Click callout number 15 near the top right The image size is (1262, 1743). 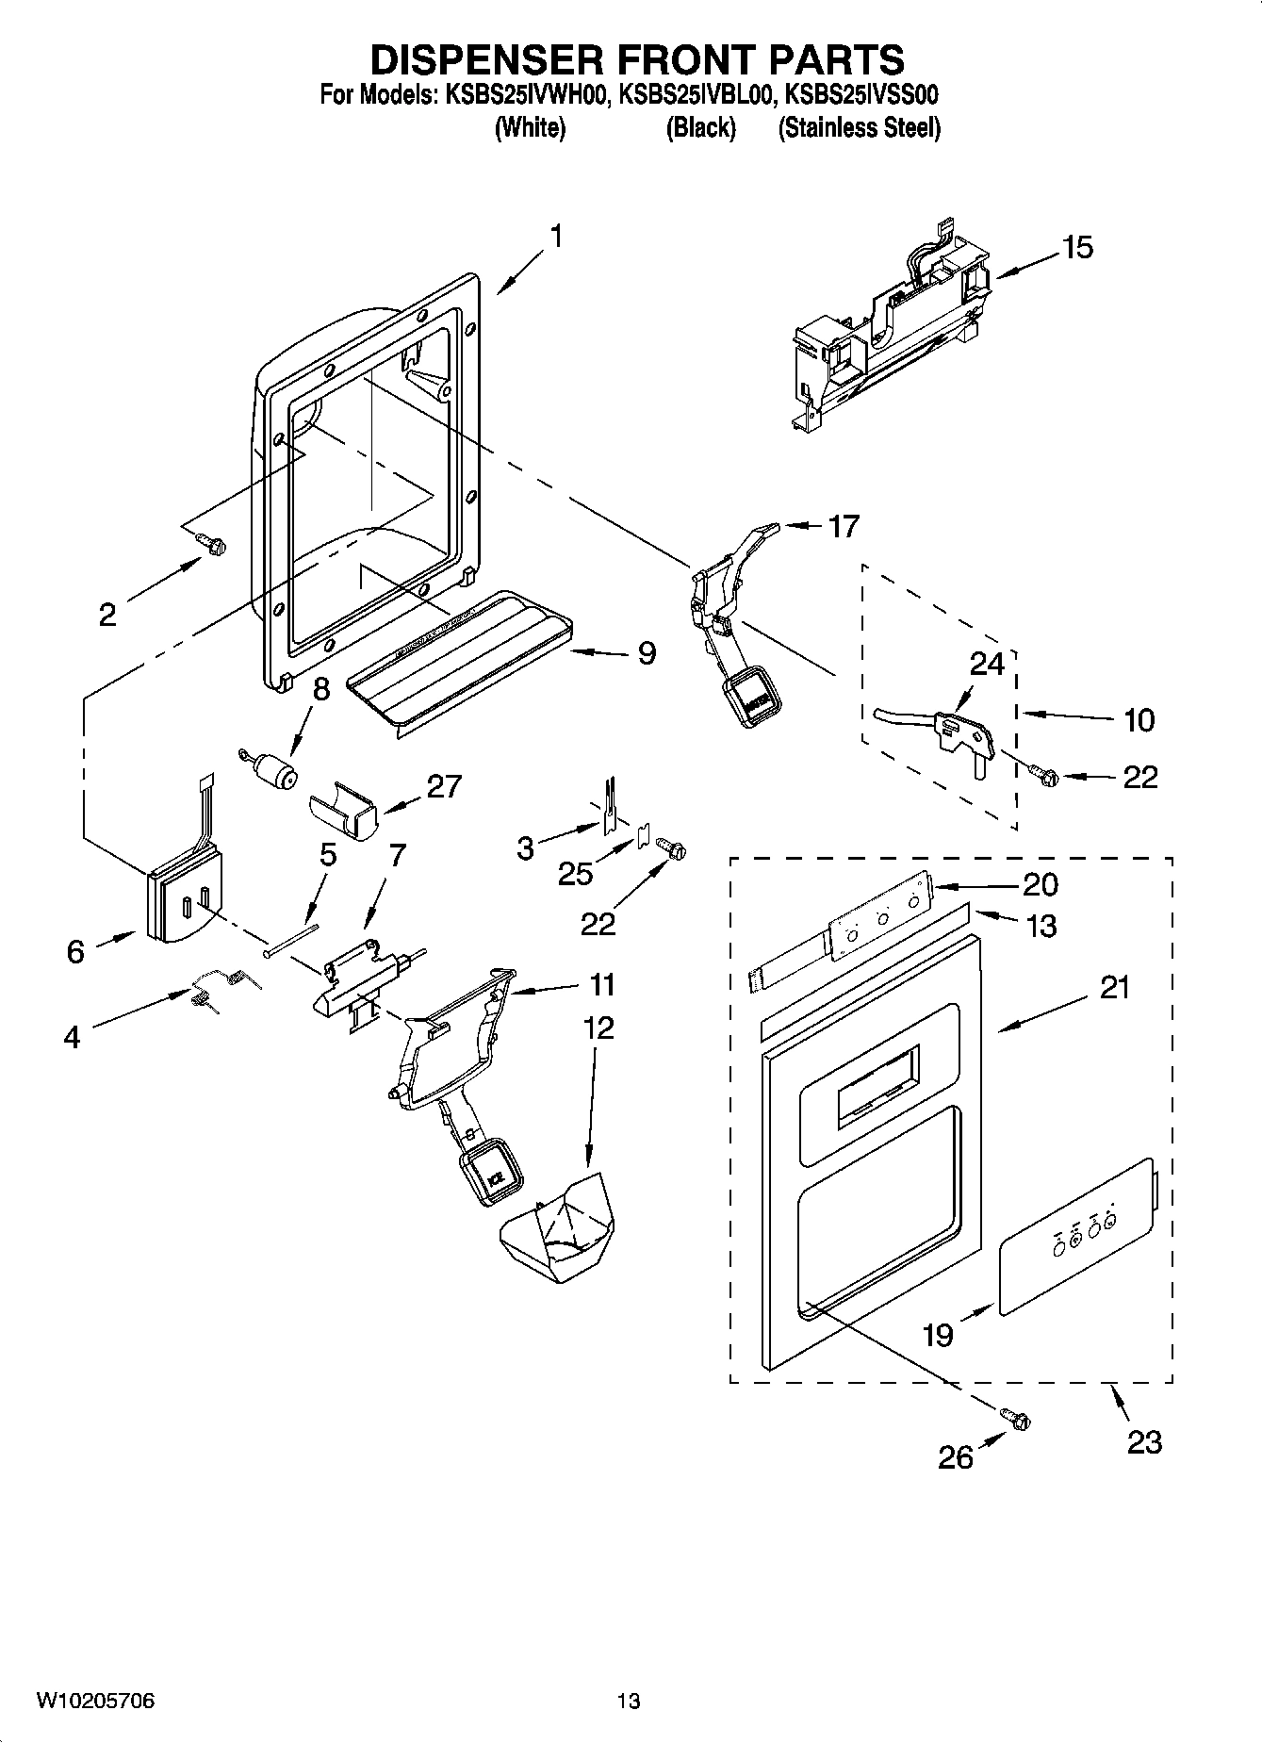1077,248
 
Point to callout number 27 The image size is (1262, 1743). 444,785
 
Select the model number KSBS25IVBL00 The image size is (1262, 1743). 696,95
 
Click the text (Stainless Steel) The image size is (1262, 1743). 859,127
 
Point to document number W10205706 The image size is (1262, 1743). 95,1702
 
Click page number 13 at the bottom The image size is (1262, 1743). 629,1702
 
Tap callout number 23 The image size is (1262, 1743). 1143,1442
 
